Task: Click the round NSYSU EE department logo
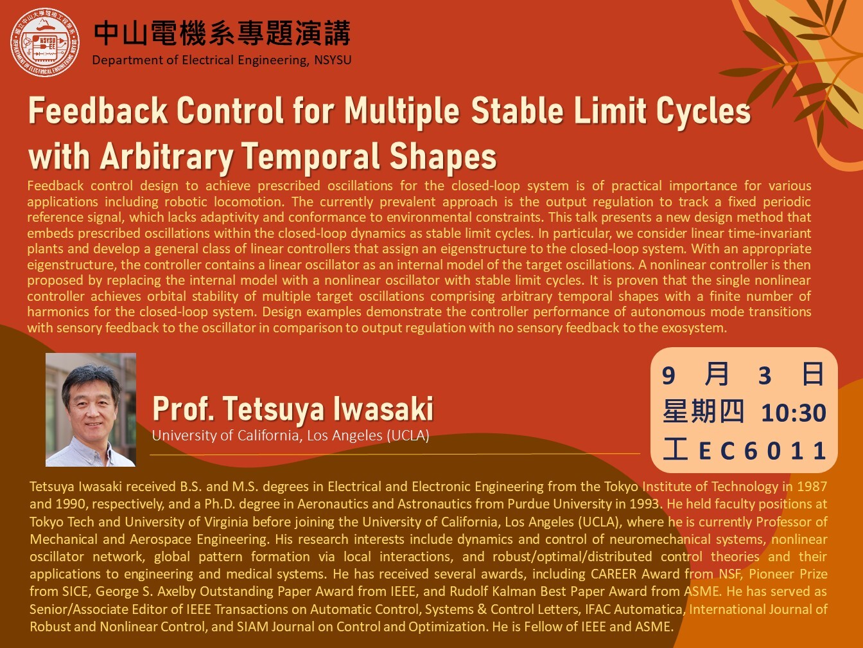(x=45, y=42)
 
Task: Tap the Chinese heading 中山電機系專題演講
(x=222, y=33)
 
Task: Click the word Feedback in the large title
(x=98, y=111)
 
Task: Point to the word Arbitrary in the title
(x=167, y=157)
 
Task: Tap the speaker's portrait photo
(x=91, y=410)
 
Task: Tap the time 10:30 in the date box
(x=794, y=413)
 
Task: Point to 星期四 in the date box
(x=703, y=411)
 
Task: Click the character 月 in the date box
(x=717, y=374)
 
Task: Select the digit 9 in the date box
(x=668, y=375)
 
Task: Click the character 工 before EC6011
(x=676, y=449)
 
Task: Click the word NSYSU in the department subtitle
(x=333, y=60)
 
